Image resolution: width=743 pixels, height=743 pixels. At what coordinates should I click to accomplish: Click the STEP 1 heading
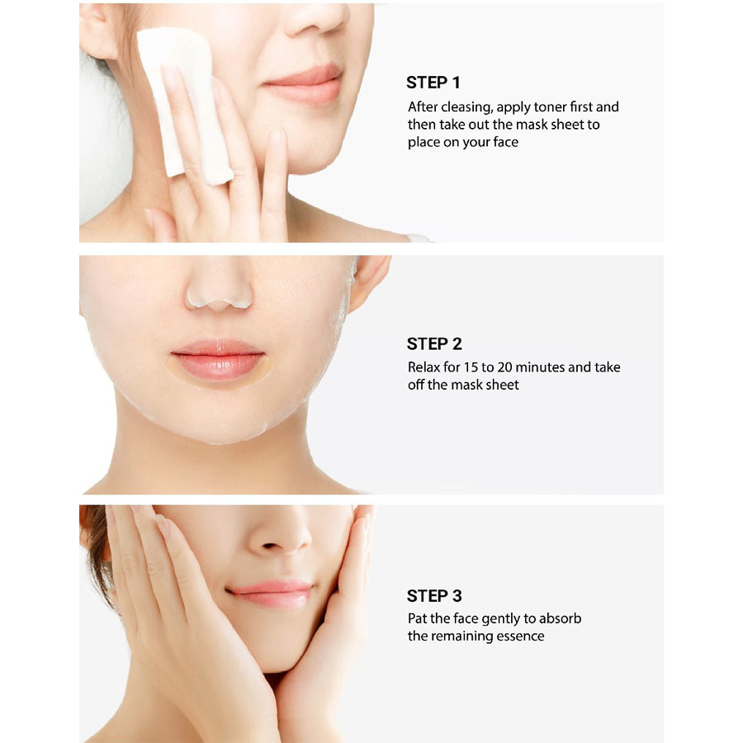tap(433, 83)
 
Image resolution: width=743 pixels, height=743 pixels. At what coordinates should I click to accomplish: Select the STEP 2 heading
tap(434, 343)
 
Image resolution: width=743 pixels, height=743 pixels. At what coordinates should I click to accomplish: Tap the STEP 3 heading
tap(434, 595)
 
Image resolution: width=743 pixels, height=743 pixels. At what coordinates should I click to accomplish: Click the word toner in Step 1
tap(550, 107)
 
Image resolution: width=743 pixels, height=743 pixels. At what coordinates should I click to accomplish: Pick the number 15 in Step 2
tap(471, 367)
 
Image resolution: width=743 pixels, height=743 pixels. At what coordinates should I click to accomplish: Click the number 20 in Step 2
tap(504, 367)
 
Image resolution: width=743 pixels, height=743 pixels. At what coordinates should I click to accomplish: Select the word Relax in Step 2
tap(424, 367)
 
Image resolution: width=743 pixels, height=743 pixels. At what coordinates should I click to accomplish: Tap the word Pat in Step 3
tap(417, 618)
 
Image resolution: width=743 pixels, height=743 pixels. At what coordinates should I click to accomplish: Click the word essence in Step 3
tap(520, 636)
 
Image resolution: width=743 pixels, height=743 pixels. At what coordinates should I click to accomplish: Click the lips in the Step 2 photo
tap(217, 359)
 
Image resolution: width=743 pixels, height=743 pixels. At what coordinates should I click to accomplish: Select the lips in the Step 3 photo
tap(270, 594)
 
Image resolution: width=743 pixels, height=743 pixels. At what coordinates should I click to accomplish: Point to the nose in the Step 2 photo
tap(219, 284)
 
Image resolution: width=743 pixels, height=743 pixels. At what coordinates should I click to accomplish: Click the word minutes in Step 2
tap(540, 367)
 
